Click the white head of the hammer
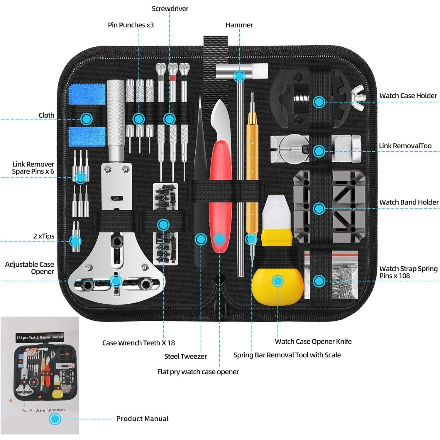258,71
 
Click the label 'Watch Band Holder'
409,202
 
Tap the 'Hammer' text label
239,25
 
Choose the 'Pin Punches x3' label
131,25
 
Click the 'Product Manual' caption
142,419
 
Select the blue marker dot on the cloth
87,119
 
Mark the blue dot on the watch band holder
319,209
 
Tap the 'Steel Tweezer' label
185,356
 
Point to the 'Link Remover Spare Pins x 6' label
33,168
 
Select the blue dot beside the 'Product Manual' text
55,419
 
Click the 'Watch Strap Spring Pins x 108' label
408,272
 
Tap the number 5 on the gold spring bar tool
252,143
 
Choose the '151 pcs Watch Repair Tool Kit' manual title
40,337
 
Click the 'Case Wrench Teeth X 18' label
138,343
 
